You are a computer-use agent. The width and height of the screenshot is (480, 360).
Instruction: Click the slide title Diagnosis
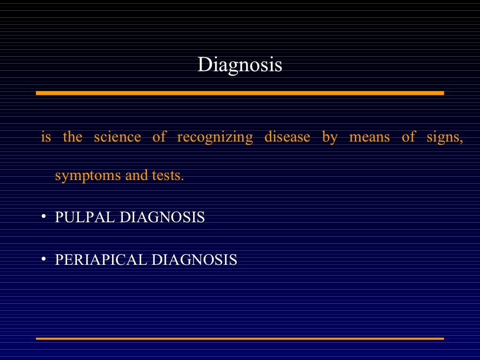(240, 65)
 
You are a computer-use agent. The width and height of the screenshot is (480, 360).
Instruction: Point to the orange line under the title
(240, 93)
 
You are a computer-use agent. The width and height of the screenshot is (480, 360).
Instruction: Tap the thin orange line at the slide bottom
(240, 338)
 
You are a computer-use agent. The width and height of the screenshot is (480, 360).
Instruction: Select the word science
(117, 137)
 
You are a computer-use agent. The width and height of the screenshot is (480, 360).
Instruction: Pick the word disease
(287, 137)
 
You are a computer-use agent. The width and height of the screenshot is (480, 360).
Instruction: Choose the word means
(369, 137)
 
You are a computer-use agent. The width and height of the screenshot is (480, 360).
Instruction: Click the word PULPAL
(85, 217)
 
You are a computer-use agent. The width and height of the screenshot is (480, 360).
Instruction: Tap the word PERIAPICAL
(101, 260)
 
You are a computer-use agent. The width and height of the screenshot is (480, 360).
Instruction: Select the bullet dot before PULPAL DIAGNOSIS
(43, 217)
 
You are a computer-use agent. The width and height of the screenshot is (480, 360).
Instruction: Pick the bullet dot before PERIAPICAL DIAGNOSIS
(43, 259)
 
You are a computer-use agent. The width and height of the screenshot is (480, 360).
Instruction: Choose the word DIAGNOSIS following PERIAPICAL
(194, 260)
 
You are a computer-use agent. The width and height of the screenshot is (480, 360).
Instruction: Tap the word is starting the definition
(46, 137)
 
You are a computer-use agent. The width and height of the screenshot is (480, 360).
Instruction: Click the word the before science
(72, 137)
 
